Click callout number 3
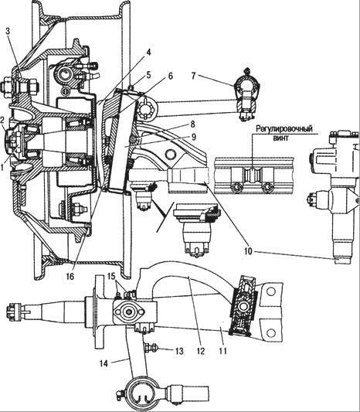tap(8, 32)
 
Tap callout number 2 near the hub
tap(2, 121)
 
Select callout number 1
tap(2, 166)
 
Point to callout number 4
tap(148, 53)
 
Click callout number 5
tap(148, 75)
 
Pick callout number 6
tap(171, 76)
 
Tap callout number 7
tap(194, 77)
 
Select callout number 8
tap(194, 124)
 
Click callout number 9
tap(194, 138)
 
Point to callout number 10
tap(248, 251)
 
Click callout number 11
tap(222, 351)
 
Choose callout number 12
tap(200, 351)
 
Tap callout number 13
tap(178, 351)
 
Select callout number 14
tap(104, 363)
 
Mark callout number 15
tap(111, 276)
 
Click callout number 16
tap(70, 276)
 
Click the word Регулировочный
tap(284, 130)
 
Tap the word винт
tap(280, 138)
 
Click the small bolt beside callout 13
tap(151, 348)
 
